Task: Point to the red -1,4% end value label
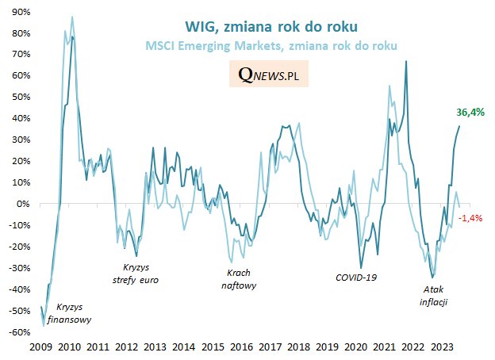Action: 471,217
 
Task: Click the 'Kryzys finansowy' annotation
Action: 68,314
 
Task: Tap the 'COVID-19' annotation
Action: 356,278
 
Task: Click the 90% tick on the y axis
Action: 20,13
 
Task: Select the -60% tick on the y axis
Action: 19,332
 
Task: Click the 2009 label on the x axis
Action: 40,347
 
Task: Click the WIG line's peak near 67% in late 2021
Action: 407,61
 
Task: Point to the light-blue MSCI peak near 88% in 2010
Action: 72,17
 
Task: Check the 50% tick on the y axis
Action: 20,98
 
